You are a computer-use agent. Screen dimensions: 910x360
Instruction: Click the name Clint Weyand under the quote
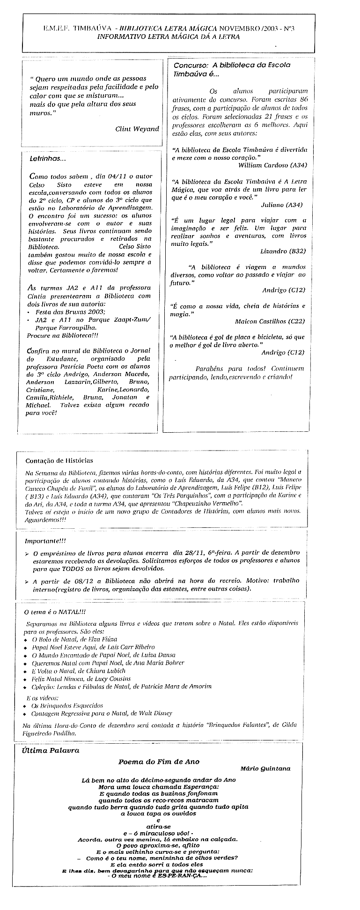tap(137, 129)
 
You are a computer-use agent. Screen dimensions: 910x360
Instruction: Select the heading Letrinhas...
tap(48, 159)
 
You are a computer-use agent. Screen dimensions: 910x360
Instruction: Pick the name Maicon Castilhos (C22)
tap(270, 321)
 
